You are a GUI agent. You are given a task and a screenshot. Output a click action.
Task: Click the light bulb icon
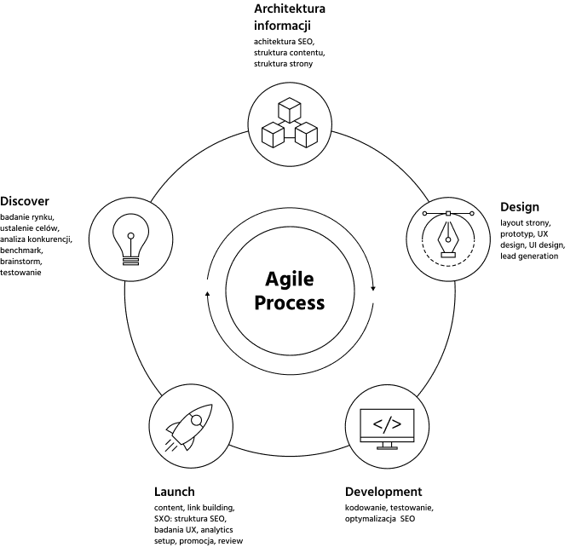[x=130, y=239]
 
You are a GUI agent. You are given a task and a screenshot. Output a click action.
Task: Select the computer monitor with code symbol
[x=387, y=429]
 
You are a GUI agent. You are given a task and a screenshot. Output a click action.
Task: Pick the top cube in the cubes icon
[x=290, y=110]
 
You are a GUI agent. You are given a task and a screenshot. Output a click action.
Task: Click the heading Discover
[x=25, y=201]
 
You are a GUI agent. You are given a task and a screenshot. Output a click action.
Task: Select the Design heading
[x=520, y=207]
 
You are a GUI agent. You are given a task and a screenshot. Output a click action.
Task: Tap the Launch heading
[x=175, y=492]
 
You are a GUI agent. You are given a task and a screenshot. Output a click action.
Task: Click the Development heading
[x=383, y=492]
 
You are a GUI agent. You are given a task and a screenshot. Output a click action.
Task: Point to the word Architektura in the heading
[x=290, y=9]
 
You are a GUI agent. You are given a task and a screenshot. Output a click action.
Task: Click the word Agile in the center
[x=290, y=280]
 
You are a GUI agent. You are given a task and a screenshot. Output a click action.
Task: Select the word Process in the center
[x=290, y=303]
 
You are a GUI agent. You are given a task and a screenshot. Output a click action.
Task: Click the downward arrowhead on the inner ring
[x=373, y=288]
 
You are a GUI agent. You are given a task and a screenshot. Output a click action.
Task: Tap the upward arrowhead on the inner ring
[x=207, y=293]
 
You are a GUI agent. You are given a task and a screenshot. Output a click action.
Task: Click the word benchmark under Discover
[x=21, y=251]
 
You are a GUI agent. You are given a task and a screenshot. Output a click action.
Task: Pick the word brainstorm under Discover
[x=21, y=262]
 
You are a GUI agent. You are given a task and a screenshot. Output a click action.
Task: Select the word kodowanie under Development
[x=366, y=508]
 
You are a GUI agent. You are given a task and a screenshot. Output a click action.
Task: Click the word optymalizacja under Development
[x=371, y=519]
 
